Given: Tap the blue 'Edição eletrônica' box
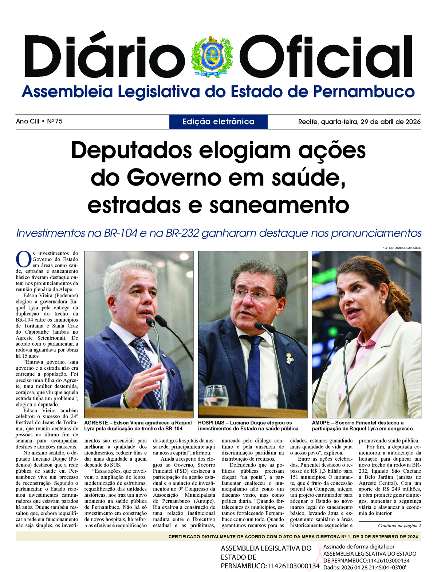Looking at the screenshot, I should [219, 122].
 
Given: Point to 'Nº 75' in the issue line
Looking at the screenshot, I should [55, 121].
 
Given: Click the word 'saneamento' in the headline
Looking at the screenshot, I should [279, 205].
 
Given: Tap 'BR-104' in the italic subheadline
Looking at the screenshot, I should [120, 233].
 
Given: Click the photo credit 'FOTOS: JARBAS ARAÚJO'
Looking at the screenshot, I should [402, 248].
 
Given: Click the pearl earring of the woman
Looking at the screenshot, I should [383, 301].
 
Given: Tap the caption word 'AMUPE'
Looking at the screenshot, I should [321, 423].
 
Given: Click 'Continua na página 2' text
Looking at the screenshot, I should [399, 525].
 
